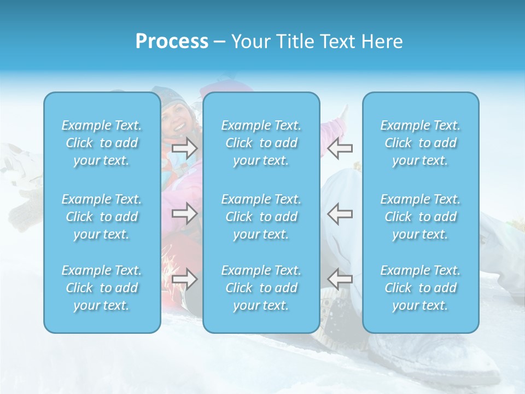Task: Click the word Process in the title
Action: [x=172, y=42]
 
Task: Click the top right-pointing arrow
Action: [x=184, y=148]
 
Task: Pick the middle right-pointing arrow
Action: [x=184, y=213]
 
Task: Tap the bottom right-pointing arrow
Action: [x=184, y=279]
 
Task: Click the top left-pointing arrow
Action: [x=340, y=148]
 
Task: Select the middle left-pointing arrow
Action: [x=340, y=213]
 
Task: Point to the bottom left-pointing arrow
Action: [x=340, y=279]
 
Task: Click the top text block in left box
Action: [x=102, y=143]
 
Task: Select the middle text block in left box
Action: [x=102, y=217]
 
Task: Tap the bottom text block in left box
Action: [x=102, y=288]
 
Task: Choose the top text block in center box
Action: [x=261, y=143]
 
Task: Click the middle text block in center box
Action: [x=261, y=217]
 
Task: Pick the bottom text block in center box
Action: [x=261, y=288]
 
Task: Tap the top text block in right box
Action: [x=421, y=143]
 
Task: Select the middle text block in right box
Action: [x=421, y=217]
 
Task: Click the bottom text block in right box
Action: [x=421, y=288]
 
